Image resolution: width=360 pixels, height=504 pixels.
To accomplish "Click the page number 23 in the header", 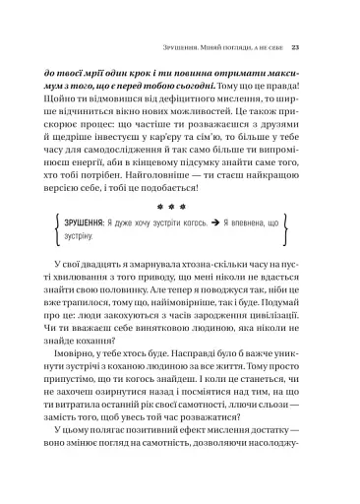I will pos(309,47).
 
